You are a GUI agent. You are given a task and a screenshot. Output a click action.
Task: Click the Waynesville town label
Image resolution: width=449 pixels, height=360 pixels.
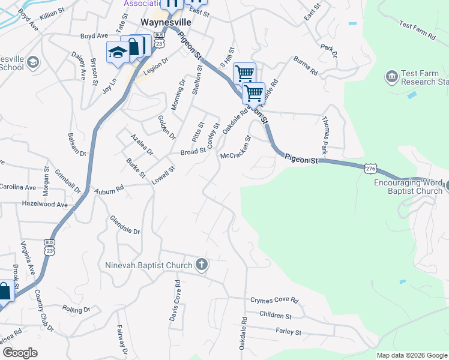point(164,22)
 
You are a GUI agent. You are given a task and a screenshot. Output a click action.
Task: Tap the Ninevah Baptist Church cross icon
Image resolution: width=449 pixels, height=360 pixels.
point(202,265)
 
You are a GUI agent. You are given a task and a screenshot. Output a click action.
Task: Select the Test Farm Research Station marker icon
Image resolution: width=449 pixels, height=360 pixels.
point(391,77)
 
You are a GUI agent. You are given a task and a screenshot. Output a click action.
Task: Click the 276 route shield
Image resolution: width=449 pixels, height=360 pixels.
point(370,169)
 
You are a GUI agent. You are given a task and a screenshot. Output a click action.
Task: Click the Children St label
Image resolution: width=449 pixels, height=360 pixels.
point(276,316)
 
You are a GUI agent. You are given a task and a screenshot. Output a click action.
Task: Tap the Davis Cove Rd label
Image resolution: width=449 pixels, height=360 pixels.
point(176,299)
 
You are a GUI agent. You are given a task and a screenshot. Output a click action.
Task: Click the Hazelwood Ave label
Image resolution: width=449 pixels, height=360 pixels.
point(44,205)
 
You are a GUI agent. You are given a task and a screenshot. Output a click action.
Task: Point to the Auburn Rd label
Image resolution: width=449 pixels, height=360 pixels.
point(108,190)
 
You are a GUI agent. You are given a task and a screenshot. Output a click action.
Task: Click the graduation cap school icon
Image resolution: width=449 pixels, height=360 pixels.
point(118,53)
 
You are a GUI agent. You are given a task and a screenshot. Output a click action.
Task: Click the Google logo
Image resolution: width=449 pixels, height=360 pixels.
point(20,353)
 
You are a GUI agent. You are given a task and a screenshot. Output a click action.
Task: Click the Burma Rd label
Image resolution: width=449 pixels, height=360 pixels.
point(306,65)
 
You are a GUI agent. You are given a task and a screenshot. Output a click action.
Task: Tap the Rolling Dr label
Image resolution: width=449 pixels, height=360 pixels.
point(76,309)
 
